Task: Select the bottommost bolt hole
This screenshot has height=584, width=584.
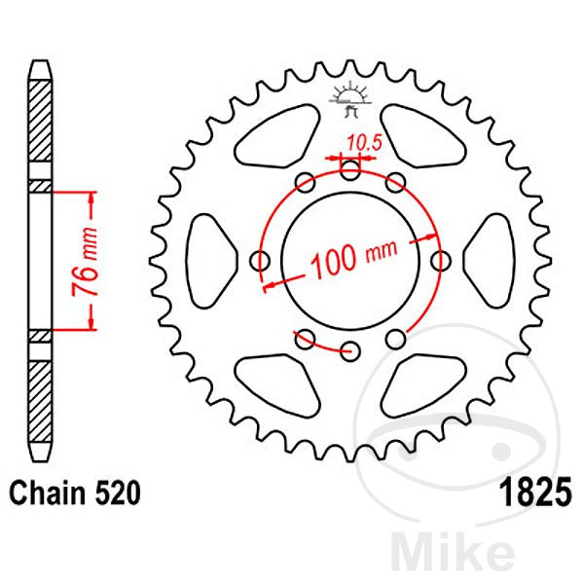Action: coord(351,350)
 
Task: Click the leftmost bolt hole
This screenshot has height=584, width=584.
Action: coord(261,261)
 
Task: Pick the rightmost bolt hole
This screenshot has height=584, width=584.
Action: coord(441,261)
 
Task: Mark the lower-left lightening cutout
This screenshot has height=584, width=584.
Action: coord(276,383)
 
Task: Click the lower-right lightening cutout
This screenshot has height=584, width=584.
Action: coord(424,383)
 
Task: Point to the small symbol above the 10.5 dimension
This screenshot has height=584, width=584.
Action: coord(350,94)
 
